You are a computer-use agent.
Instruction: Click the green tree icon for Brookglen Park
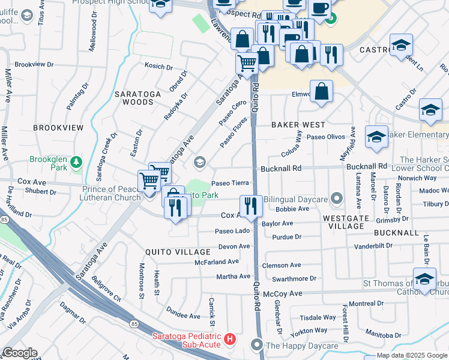point(76,162)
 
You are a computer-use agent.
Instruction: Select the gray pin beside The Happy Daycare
point(257,345)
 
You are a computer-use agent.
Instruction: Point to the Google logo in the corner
point(19,353)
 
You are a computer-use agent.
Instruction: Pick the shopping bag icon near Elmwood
point(322,92)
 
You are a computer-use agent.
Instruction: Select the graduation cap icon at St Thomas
point(424,280)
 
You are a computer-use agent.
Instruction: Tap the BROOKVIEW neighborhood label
point(58,128)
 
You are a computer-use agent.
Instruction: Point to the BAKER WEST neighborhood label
point(298,125)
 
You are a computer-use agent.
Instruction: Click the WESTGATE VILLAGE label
point(351,222)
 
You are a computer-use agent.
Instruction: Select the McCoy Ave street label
point(283,293)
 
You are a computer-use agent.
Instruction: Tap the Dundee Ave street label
point(184,316)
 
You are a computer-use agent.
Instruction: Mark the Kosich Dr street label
point(158,67)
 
